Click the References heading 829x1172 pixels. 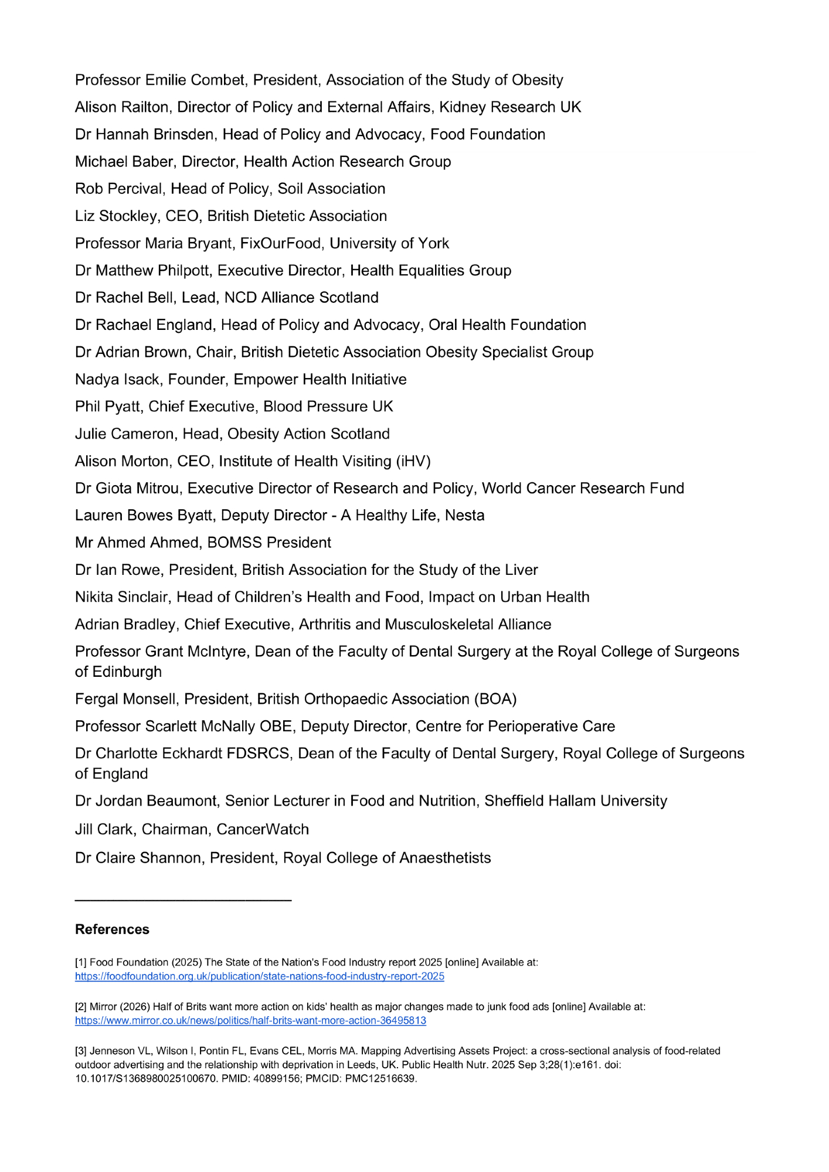112,929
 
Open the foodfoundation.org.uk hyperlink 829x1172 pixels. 259,976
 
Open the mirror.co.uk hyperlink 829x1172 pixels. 250,1021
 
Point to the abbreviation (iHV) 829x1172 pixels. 413,461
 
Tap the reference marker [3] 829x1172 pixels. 81,1051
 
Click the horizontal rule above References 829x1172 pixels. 183,900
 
